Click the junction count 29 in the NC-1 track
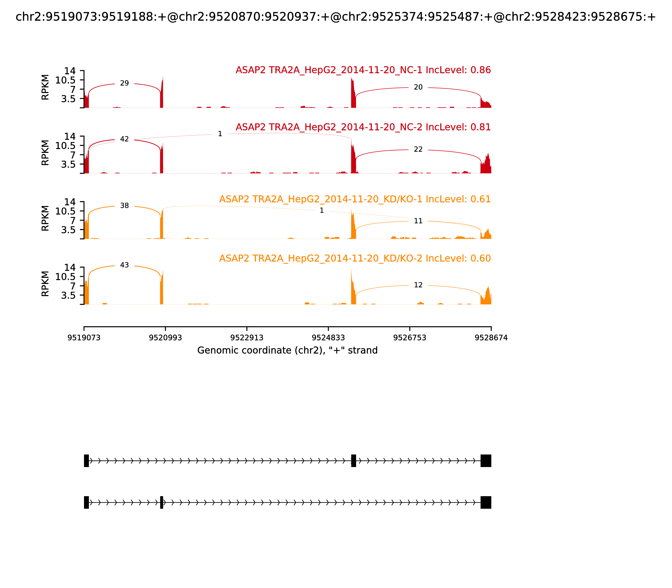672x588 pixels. (124, 83)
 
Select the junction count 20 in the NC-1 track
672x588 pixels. (418, 87)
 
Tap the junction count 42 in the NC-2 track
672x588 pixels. (124, 139)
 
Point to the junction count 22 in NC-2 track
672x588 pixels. (418, 150)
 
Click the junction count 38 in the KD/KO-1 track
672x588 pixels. (124, 206)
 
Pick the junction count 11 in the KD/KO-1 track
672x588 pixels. (418, 221)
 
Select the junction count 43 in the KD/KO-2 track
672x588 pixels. (124, 265)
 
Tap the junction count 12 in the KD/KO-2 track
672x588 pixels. (418, 285)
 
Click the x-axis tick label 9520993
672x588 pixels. (165, 338)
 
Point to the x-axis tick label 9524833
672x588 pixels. (328, 338)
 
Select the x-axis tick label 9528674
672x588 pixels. (491, 338)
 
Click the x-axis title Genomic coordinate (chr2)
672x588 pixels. (287, 350)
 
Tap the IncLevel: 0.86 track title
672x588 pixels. (363, 70)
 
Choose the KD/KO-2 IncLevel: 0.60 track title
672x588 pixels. (355, 258)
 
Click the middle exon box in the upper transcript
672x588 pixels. (353, 461)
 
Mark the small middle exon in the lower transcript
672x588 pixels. (161, 502)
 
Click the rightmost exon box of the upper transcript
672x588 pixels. (486, 461)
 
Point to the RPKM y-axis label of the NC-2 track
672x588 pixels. (45, 153)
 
